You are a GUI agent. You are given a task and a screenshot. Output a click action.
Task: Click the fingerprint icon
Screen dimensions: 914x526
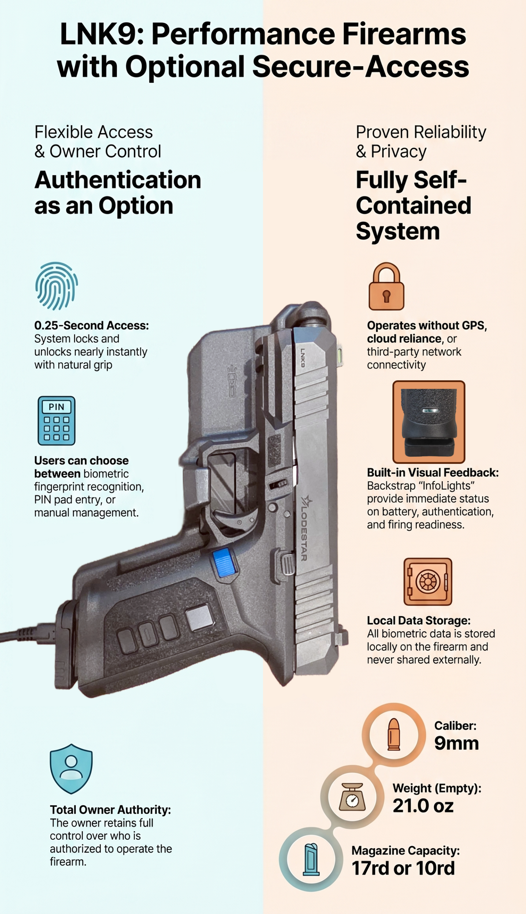pyautogui.click(x=57, y=286)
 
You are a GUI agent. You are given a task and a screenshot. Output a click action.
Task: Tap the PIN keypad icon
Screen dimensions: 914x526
pyautogui.click(x=56, y=421)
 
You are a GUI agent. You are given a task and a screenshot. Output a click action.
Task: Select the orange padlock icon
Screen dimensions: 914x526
pyautogui.click(x=386, y=287)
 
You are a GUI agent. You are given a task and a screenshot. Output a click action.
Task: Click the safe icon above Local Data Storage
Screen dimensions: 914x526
pyautogui.click(x=428, y=582)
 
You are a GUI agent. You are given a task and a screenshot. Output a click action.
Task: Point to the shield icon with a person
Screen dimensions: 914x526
pyautogui.click(x=71, y=768)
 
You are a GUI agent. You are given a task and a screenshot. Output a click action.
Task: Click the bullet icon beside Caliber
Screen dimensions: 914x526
pyautogui.click(x=394, y=734)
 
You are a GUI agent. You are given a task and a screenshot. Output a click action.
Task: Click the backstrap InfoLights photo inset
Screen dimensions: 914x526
pyautogui.click(x=429, y=422)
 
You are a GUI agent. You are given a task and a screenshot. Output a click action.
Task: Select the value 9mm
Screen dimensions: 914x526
pyautogui.click(x=456, y=743)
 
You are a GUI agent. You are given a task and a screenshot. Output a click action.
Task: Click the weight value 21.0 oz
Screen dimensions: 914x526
pyautogui.click(x=423, y=806)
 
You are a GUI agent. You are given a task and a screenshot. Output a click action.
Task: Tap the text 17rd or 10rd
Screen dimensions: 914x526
pyautogui.click(x=403, y=868)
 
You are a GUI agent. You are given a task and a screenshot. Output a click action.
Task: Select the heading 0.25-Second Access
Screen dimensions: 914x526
pyautogui.click(x=91, y=325)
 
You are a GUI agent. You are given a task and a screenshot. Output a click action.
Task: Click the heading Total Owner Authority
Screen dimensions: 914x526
pyautogui.click(x=110, y=810)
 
